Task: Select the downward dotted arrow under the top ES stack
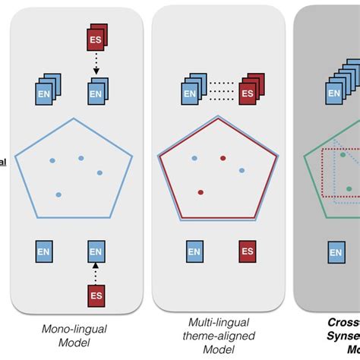95,67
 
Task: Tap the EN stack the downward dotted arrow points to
94,93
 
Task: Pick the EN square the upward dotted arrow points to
95,250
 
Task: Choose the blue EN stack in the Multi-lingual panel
194,92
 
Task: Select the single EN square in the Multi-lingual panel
194,251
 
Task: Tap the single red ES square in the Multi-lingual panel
248,251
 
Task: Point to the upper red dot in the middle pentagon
223,158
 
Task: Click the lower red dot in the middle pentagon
201,193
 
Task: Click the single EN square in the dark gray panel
334,251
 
